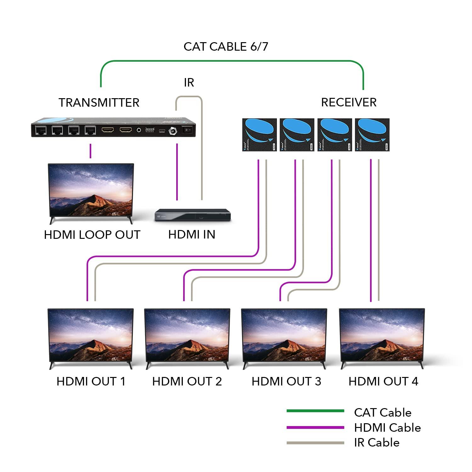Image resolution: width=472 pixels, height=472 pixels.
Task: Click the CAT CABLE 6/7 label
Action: (x=226, y=47)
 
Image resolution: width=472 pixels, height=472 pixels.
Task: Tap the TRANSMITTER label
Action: (x=99, y=103)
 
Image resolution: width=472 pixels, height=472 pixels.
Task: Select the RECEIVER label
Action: (x=349, y=102)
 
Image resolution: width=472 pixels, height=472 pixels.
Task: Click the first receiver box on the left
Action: (x=259, y=135)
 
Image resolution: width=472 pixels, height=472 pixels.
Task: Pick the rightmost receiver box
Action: (x=372, y=135)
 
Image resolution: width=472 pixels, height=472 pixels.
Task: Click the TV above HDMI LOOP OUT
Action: (x=91, y=190)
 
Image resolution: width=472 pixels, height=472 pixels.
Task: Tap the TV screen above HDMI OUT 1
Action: (x=91, y=335)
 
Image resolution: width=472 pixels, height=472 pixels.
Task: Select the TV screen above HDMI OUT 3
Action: (x=284, y=335)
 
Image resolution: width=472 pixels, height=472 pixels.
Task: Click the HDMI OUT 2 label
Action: (x=187, y=381)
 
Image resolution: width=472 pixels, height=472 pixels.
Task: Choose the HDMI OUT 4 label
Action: (x=383, y=381)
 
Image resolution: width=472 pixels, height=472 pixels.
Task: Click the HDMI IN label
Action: (x=192, y=234)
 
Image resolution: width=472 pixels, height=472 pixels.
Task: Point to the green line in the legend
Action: (x=315, y=411)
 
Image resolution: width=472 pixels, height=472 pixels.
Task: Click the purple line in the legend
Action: (x=315, y=427)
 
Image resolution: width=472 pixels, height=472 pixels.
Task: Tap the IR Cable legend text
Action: (x=377, y=442)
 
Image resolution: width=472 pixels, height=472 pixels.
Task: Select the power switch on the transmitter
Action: (x=188, y=130)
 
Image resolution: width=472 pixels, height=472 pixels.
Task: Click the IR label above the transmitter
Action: (x=189, y=82)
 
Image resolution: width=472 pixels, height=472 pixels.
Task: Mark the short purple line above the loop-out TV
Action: (x=91, y=151)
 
